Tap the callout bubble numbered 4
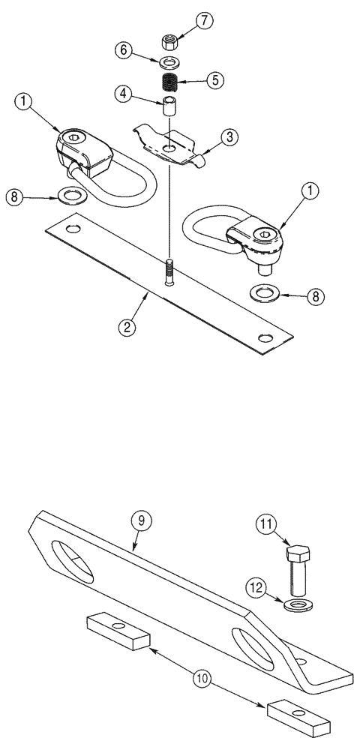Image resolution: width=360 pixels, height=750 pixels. (x=125, y=94)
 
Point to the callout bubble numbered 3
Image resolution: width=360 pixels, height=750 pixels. (x=231, y=136)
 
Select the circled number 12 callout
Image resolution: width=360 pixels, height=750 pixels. (x=258, y=589)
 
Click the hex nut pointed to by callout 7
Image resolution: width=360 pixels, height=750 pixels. (x=169, y=37)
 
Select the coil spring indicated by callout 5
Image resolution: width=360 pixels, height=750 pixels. (x=170, y=78)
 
